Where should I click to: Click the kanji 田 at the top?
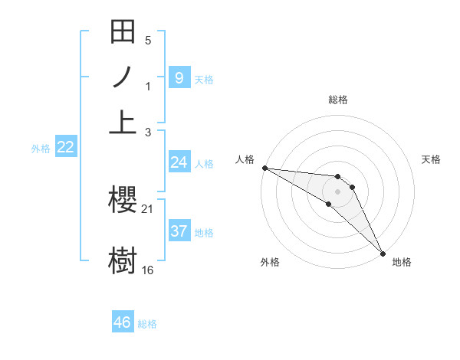pyautogui.click(x=123, y=34)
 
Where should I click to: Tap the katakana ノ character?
pyautogui.click(x=123, y=78)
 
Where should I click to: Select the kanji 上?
pyautogui.click(x=123, y=121)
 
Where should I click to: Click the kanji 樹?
pyautogui.click(x=123, y=258)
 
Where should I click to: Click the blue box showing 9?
pyautogui.click(x=179, y=77)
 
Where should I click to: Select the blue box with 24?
pyautogui.click(x=179, y=162)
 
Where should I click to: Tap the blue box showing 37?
pyautogui.click(x=179, y=231)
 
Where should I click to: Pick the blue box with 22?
pyautogui.click(x=65, y=147)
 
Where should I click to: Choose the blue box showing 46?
pyautogui.click(x=123, y=322)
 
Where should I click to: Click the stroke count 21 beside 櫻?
pyautogui.click(x=148, y=208)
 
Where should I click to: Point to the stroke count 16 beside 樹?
pyautogui.click(x=148, y=270)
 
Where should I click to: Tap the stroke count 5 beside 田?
pyautogui.click(x=148, y=40)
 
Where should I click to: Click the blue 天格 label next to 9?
pyautogui.click(x=204, y=79)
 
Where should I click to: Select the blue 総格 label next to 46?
pyautogui.click(x=147, y=324)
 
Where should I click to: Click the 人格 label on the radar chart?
pyautogui.click(x=245, y=159)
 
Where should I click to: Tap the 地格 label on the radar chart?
pyautogui.click(x=402, y=262)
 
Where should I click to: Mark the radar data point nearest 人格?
pyautogui.click(x=264, y=168)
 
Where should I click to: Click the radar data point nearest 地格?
pyautogui.click(x=383, y=251)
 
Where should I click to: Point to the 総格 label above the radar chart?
pyautogui.click(x=337, y=100)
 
